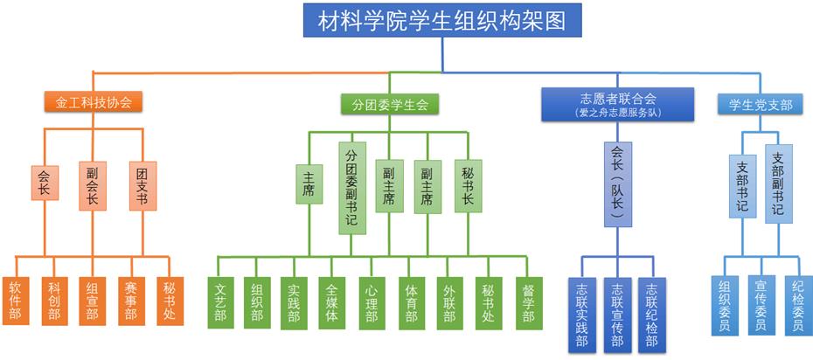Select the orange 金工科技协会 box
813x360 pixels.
point(94,102)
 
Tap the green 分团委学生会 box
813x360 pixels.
point(390,105)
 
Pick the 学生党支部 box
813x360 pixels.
point(761,105)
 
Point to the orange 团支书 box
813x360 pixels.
point(142,186)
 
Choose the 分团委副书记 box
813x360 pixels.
point(351,189)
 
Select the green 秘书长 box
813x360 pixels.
point(468,185)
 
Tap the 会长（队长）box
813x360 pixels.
point(618,185)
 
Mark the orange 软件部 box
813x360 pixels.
point(16,301)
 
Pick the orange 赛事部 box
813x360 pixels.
point(131,301)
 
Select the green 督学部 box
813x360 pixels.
point(528,302)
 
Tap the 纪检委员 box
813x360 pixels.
point(796,305)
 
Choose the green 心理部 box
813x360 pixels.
point(371,302)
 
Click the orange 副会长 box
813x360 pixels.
point(92,186)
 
